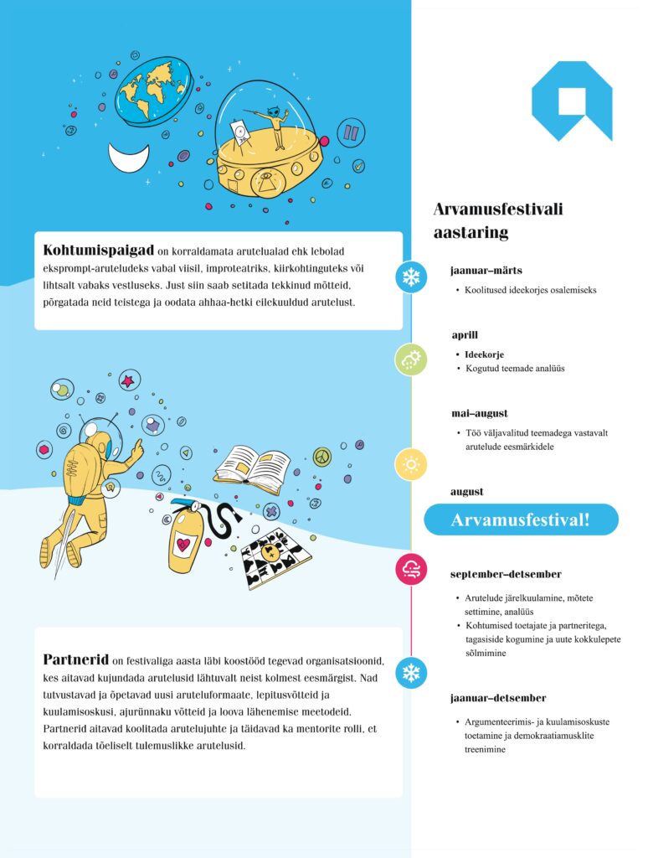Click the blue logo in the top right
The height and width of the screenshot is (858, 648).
(x=571, y=100)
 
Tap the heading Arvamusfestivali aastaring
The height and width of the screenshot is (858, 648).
(x=497, y=220)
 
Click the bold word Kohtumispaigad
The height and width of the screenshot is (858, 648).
(x=98, y=251)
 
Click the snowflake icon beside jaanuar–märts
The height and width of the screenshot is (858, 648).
(x=411, y=277)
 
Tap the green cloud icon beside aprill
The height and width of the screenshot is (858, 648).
(x=411, y=359)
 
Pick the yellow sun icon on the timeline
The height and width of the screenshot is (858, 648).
(x=411, y=464)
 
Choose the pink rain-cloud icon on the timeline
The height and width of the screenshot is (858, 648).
(x=411, y=570)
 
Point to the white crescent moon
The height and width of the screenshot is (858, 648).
(x=128, y=157)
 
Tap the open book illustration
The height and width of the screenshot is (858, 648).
(x=251, y=465)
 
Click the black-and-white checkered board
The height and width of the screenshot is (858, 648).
(x=275, y=559)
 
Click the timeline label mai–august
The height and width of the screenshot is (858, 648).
(x=479, y=413)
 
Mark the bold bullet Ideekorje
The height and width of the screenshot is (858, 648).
(x=485, y=354)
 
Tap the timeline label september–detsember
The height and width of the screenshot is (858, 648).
(x=505, y=575)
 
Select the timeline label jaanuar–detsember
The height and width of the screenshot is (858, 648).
(x=497, y=698)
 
